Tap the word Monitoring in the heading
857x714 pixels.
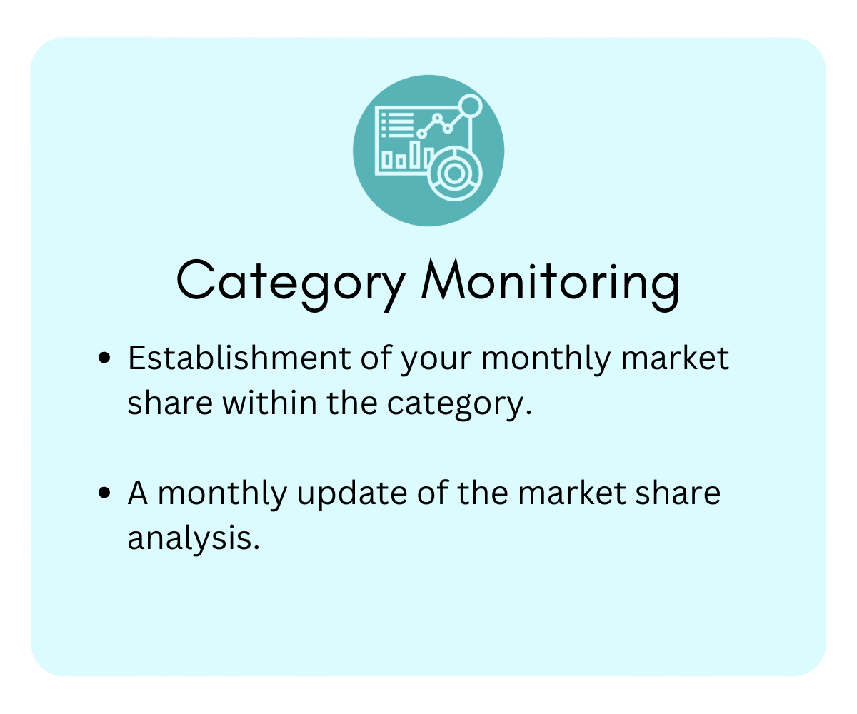click(551, 284)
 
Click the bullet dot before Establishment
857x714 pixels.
click(105, 358)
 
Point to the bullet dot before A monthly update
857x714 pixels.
click(105, 492)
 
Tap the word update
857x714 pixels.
click(352, 494)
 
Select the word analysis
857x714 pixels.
click(194, 539)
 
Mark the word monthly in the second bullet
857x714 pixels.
click(222, 494)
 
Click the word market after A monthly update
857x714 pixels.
click(572, 493)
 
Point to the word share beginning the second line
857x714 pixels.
click(170, 403)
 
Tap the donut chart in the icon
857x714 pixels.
click(454, 174)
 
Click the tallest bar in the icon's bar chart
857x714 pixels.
click(416, 154)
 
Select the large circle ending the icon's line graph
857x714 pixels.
click(470, 106)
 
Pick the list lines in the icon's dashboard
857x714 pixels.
click(397, 125)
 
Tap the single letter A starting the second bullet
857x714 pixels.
click(138, 493)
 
